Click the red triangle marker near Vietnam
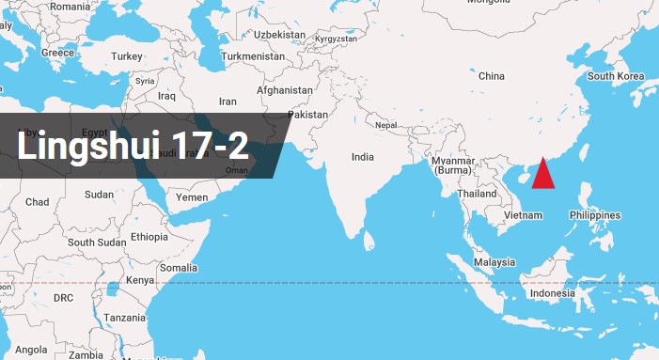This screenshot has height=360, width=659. [x=543, y=176]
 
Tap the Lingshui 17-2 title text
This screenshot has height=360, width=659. [x=133, y=147]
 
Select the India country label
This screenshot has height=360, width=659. [x=363, y=157]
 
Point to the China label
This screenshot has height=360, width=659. [x=492, y=76]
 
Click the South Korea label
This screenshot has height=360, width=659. [x=616, y=76]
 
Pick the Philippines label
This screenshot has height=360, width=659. [x=594, y=215]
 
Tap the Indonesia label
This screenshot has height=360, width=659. [x=552, y=293]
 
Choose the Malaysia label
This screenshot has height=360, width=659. [x=494, y=262]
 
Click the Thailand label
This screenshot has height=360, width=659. [x=477, y=194]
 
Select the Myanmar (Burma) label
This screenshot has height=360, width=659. [x=452, y=165]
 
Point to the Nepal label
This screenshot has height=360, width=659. [x=386, y=125]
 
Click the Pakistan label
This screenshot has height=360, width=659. [x=308, y=115]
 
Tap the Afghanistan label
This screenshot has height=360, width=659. [x=285, y=90]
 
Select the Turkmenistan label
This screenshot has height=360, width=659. [x=253, y=56]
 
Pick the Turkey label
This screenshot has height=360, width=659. [x=126, y=56]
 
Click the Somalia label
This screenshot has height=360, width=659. [x=179, y=268]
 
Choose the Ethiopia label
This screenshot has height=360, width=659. [x=149, y=237]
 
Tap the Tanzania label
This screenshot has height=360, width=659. [x=124, y=318]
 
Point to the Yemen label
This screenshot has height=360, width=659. [x=192, y=197]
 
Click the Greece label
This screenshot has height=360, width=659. [x=57, y=53]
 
